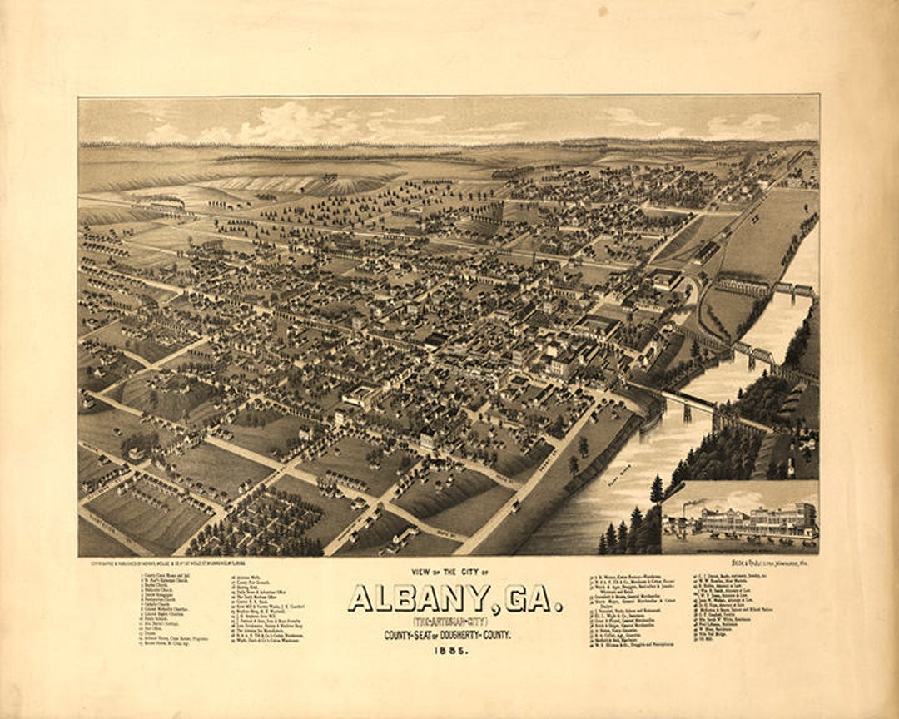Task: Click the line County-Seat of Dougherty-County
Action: pyautogui.click(x=448, y=636)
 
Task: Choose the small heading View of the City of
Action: pyautogui.click(x=448, y=572)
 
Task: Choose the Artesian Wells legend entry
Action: pyautogui.click(x=242, y=575)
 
